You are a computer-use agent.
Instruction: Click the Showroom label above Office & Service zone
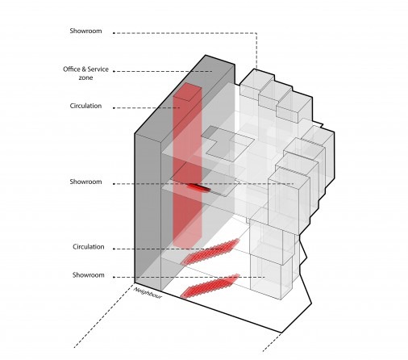[x=85, y=31]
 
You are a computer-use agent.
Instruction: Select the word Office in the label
[x=71, y=69]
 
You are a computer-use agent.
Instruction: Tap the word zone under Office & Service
[x=85, y=77]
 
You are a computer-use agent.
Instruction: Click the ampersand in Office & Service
[x=83, y=69]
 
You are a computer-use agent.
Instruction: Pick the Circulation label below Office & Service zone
[x=85, y=106]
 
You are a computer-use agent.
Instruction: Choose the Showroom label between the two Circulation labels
[x=85, y=182]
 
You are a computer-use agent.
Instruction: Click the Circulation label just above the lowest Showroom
[x=89, y=247]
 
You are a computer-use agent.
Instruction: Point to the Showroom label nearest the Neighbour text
[x=89, y=275]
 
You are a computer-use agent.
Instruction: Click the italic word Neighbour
[x=148, y=293]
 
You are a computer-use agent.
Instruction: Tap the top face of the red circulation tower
[x=187, y=92]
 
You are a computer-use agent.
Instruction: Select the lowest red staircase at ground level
[x=210, y=286]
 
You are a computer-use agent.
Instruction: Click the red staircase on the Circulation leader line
[x=210, y=252]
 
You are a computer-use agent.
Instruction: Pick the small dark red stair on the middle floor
[x=199, y=187]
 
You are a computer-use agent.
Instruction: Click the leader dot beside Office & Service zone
[x=114, y=71]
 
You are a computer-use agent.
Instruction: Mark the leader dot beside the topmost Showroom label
[x=114, y=33]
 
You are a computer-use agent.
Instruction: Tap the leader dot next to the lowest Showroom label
[x=114, y=277]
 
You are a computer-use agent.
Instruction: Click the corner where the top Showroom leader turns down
[x=256, y=33]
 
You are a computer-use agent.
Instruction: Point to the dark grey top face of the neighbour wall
[x=185, y=94]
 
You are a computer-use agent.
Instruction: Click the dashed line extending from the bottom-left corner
[x=104, y=316]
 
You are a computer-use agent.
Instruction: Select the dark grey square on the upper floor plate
[x=209, y=132]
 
